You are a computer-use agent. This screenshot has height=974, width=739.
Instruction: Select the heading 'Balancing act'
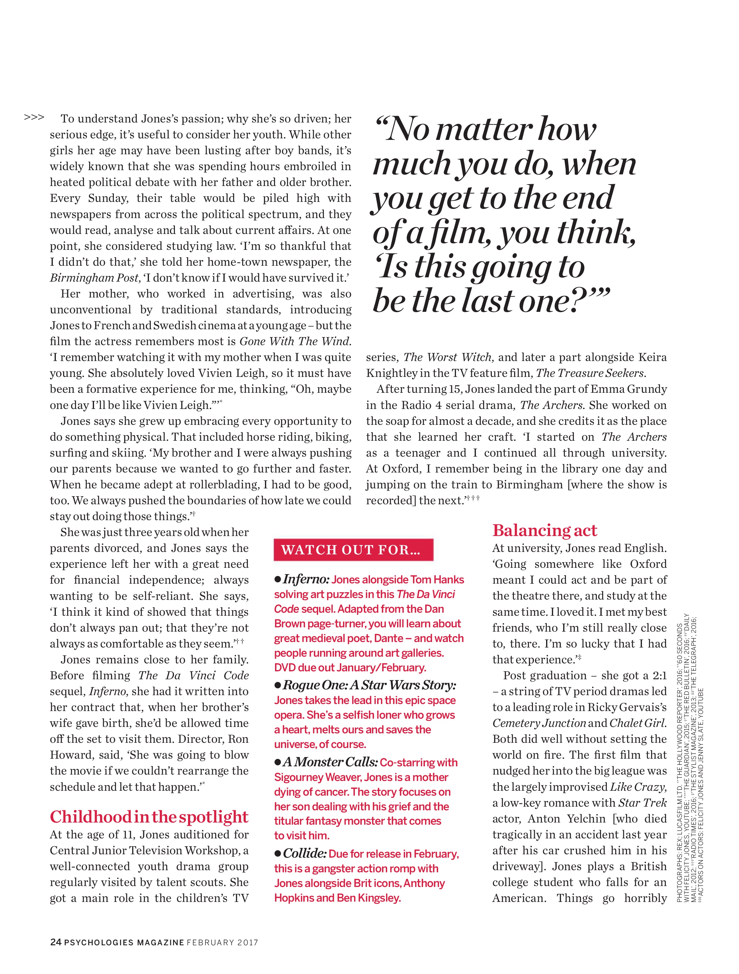pos(545,530)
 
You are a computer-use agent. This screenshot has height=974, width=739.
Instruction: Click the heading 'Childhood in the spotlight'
pos(149,816)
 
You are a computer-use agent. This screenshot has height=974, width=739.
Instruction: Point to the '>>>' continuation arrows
pos(34,118)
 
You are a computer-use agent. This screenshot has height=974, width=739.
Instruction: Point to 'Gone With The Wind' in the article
pos(295,341)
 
